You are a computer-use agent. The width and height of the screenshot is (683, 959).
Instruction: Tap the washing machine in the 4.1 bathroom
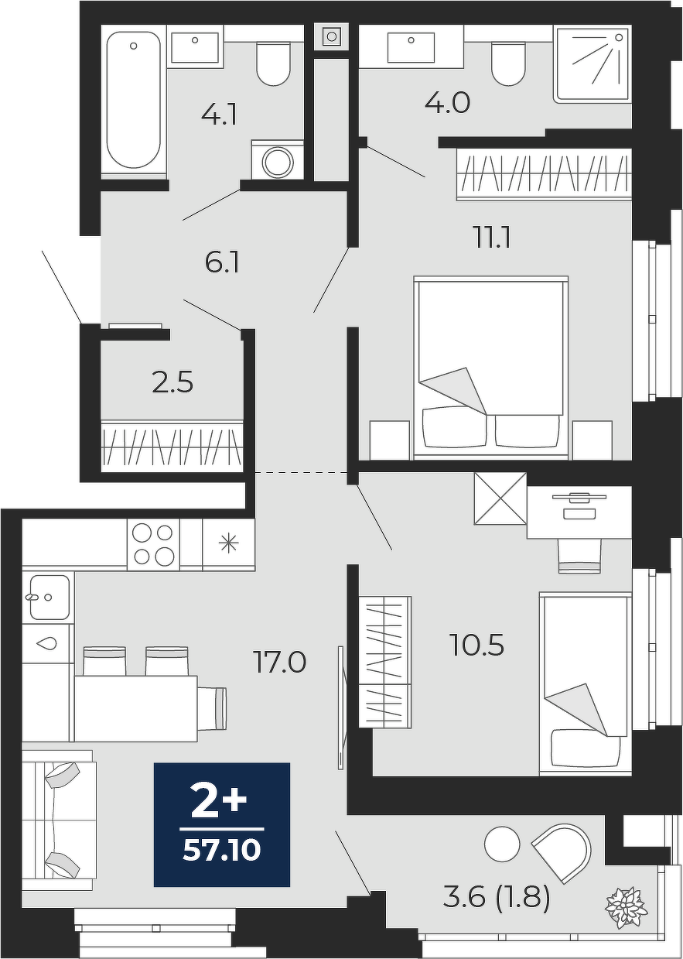(278, 160)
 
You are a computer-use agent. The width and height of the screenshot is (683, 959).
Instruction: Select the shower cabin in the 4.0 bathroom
(592, 64)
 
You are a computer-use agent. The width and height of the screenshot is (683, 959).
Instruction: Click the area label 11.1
(493, 238)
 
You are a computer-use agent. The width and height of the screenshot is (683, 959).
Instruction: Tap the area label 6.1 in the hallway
(222, 263)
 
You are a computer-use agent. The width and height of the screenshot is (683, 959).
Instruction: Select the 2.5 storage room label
(172, 382)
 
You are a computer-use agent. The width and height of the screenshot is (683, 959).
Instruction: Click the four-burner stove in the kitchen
(153, 545)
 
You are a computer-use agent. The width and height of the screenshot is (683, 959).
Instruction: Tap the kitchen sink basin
(50, 598)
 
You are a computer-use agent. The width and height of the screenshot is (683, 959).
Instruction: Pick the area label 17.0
(279, 662)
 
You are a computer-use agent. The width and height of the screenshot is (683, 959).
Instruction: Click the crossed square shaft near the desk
(500, 498)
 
